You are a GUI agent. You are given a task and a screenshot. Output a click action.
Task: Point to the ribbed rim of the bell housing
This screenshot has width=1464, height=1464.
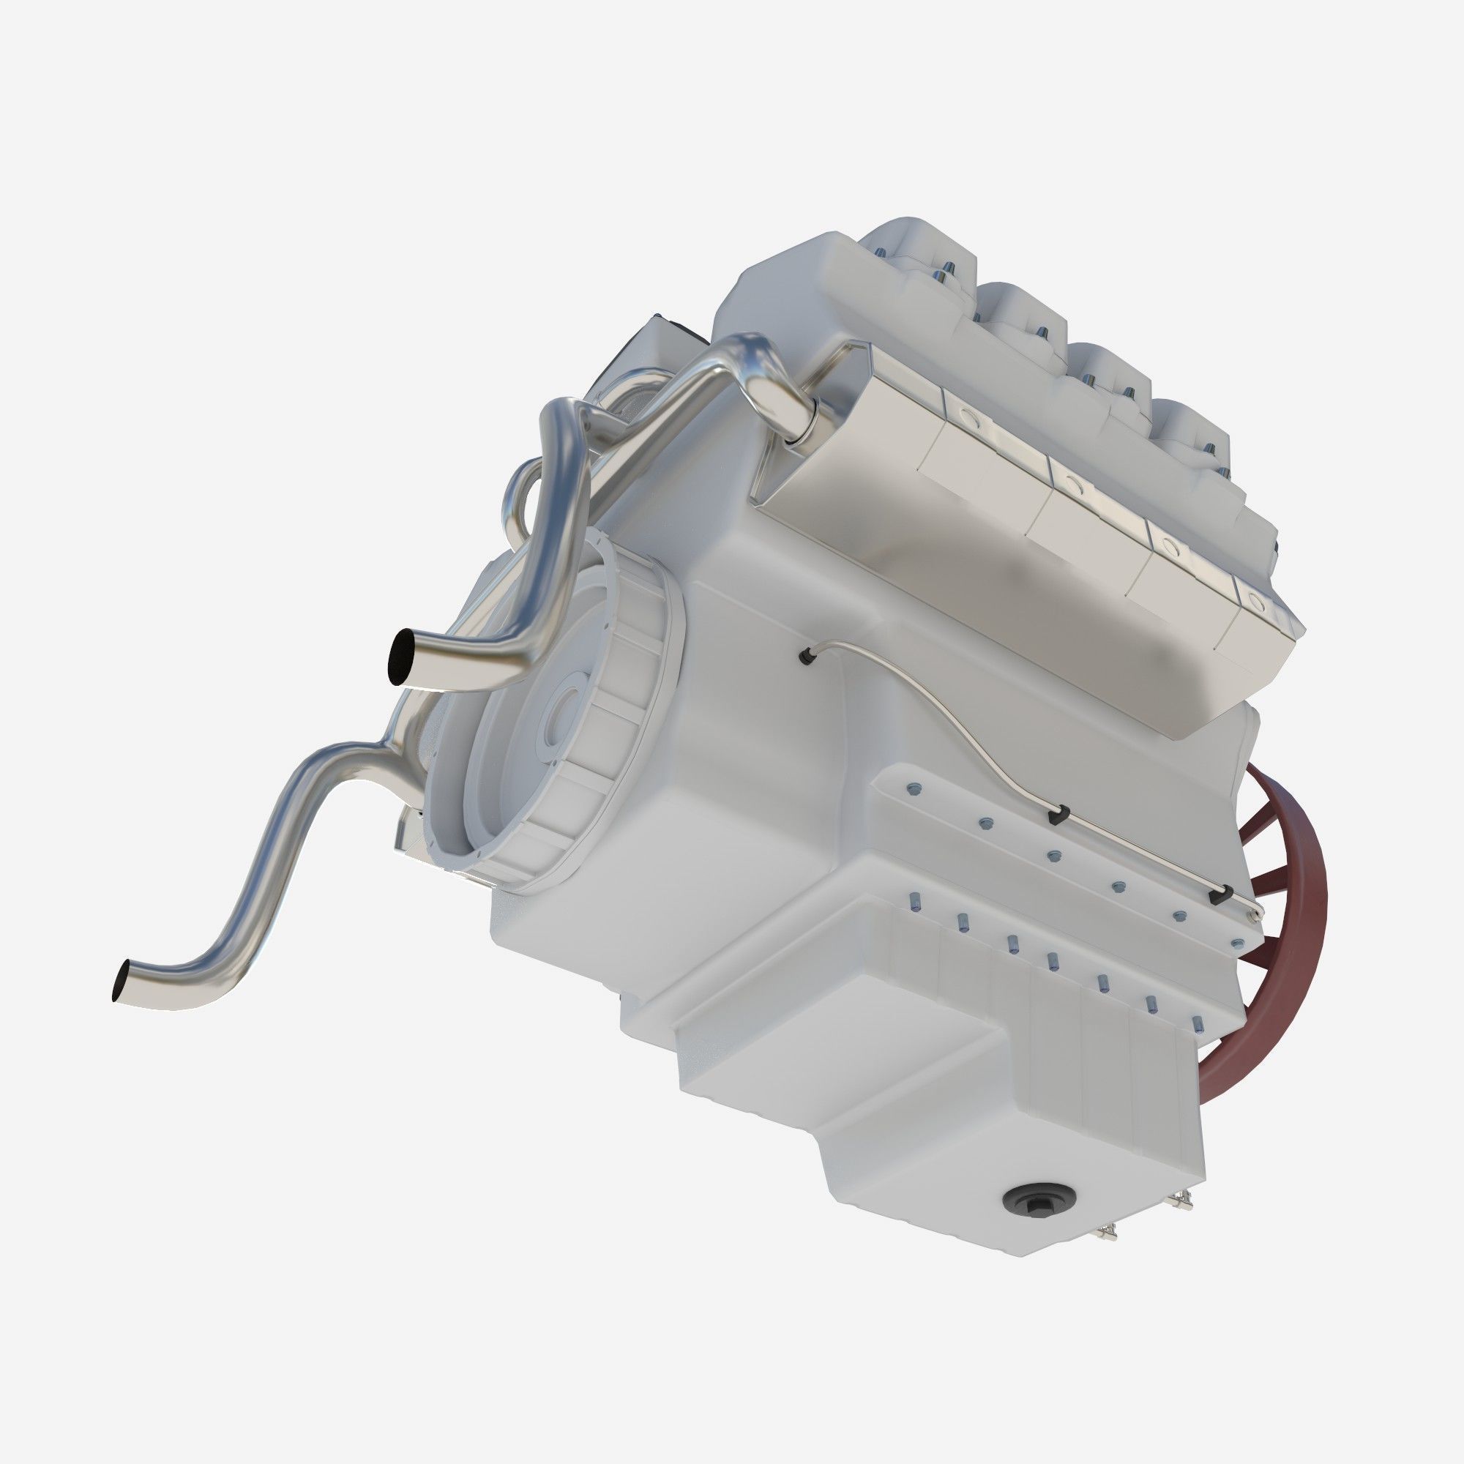click(x=606, y=728)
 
